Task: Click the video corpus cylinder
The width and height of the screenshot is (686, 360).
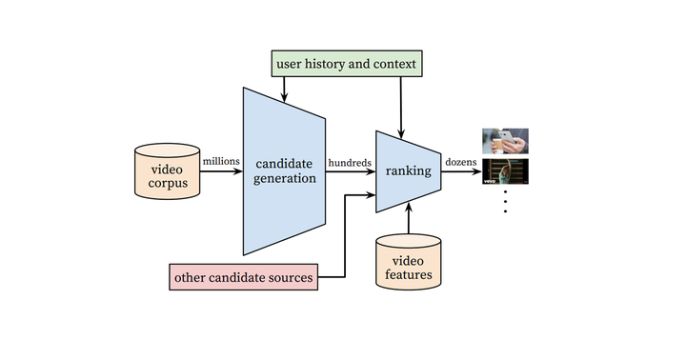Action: [169, 171]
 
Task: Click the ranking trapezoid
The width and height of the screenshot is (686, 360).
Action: [408, 171]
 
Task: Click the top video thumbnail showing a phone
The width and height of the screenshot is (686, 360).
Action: [505, 141]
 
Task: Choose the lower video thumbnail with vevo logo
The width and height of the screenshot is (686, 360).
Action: [505, 171]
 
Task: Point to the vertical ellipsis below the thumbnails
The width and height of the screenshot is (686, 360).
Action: [505, 201]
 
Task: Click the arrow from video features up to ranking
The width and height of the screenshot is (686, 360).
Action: [408, 220]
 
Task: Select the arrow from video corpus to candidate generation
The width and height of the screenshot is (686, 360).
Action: [221, 172]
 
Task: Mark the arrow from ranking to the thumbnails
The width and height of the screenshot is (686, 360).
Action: [461, 172]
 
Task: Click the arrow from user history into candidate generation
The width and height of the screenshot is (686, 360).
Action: [285, 88]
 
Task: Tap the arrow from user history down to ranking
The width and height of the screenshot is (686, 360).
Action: [401, 105]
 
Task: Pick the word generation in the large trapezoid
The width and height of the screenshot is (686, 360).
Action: [285, 179]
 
